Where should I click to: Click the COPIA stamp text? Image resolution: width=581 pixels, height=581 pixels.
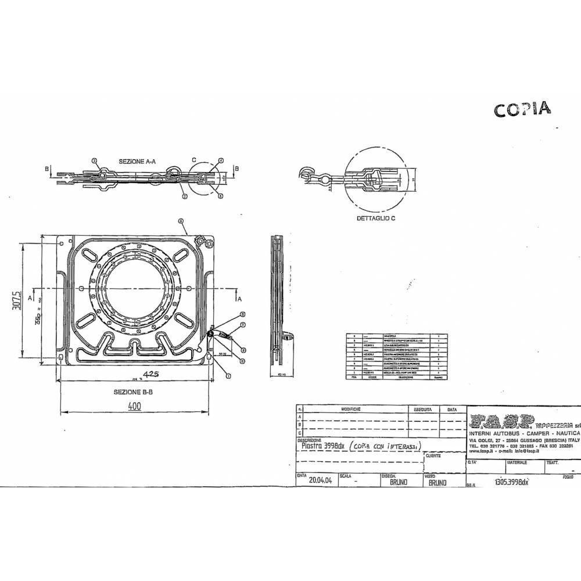click(522, 109)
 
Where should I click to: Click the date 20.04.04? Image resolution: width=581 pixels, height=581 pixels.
click(321, 481)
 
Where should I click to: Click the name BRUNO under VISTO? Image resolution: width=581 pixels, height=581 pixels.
click(437, 482)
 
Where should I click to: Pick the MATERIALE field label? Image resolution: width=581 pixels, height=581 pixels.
click(517, 462)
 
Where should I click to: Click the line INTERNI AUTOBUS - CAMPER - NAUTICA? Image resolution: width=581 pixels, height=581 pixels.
click(525, 434)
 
